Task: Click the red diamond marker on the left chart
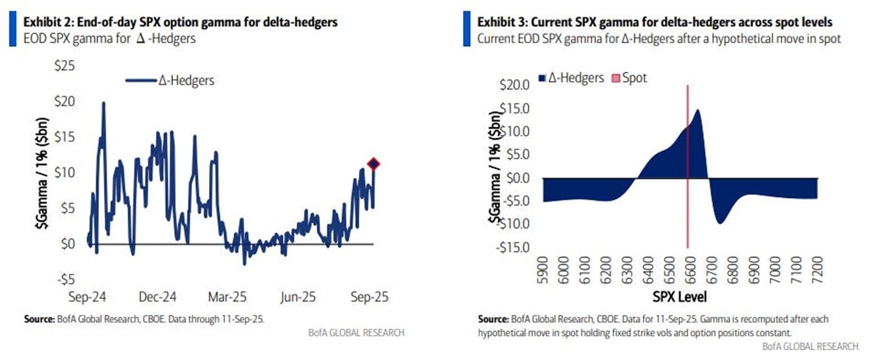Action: tap(374, 163)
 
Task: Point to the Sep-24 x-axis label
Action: tap(88, 297)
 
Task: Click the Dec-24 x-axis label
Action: tap(158, 297)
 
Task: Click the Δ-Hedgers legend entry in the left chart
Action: tap(171, 80)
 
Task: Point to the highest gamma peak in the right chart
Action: tap(696, 110)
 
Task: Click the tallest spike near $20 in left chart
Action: tap(104, 103)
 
